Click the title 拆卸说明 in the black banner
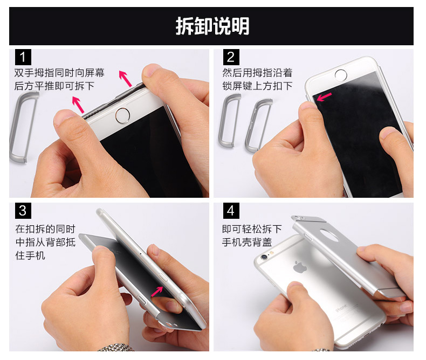(x=212, y=26)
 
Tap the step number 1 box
(x=23, y=57)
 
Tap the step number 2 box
(x=231, y=57)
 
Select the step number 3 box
(x=23, y=211)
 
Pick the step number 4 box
(x=231, y=211)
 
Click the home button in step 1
(x=122, y=116)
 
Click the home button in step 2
(x=341, y=75)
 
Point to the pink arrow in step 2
(x=324, y=96)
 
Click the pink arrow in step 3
(x=157, y=292)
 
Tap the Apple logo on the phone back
(x=300, y=267)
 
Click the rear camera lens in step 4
(x=264, y=257)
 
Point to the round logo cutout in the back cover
(x=329, y=235)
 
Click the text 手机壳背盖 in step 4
(x=247, y=242)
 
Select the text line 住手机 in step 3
(x=30, y=255)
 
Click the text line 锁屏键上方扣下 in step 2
(x=257, y=86)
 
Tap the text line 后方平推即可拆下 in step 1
(x=54, y=86)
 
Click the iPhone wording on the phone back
(x=341, y=308)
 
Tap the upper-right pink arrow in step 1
(x=125, y=79)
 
